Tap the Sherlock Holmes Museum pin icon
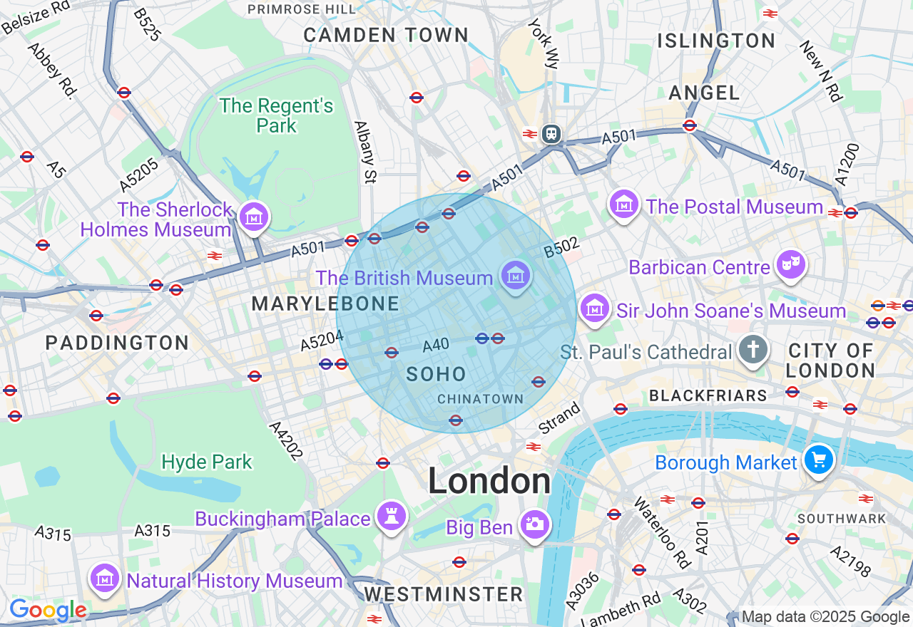253,216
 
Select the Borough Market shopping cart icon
818,460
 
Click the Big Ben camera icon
535,524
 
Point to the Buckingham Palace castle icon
391,516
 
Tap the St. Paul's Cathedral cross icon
753,350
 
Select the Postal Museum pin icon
624,204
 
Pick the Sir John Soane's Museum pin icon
594,309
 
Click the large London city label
489,482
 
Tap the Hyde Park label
207,462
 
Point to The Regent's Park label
276,115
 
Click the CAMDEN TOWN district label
386,35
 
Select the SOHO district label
436,374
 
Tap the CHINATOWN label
480,399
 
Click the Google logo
48,611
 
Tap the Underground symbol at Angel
689,125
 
